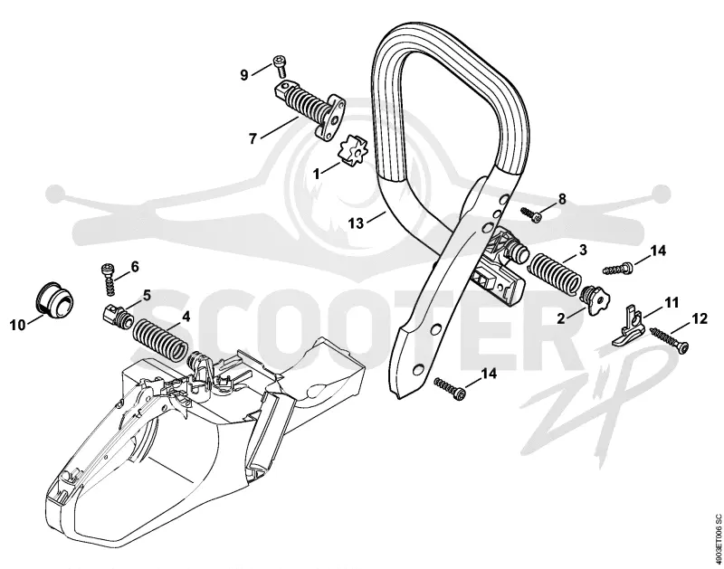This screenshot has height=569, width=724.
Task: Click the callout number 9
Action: click(x=244, y=75)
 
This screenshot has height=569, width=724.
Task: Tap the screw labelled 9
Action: click(x=280, y=66)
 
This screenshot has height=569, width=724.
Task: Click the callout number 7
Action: click(x=252, y=138)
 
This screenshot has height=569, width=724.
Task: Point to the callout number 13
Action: click(x=356, y=223)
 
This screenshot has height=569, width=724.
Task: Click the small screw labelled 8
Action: click(x=531, y=213)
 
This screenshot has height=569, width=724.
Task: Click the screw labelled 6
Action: click(x=108, y=280)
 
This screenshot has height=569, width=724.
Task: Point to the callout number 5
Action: click(x=146, y=295)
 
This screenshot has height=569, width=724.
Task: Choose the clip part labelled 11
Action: click(x=627, y=326)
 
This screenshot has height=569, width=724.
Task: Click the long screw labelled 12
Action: click(x=669, y=338)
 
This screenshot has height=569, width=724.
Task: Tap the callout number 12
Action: click(x=700, y=319)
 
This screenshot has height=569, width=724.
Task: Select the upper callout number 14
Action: click(x=658, y=251)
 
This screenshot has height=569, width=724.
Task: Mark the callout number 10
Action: click(x=18, y=326)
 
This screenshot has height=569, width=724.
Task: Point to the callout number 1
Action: click(x=317, y=175)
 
